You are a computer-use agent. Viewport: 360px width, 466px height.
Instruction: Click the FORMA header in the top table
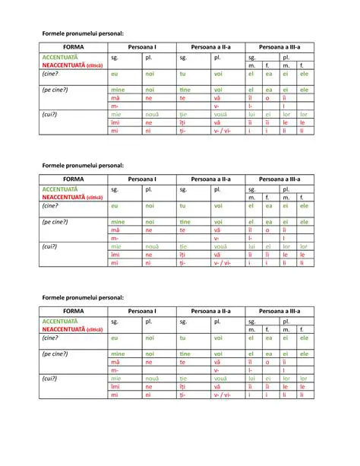coord(74,48)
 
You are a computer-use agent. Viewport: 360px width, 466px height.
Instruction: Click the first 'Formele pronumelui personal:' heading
coord(83,34)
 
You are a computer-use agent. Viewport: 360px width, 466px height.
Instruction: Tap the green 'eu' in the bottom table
coord(115,338)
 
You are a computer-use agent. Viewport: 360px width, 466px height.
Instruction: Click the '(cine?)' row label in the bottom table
coord(51,338)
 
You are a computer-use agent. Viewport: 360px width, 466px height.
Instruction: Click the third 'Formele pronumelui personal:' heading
coord(83,296)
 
